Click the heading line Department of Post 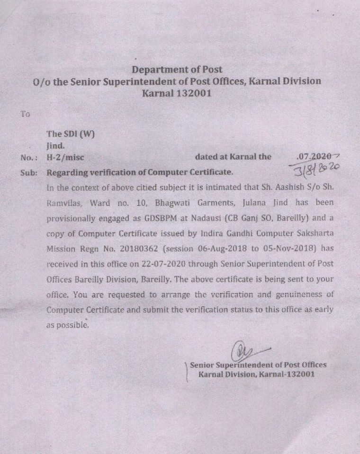(177, 70)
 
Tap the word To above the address (25, 114)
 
